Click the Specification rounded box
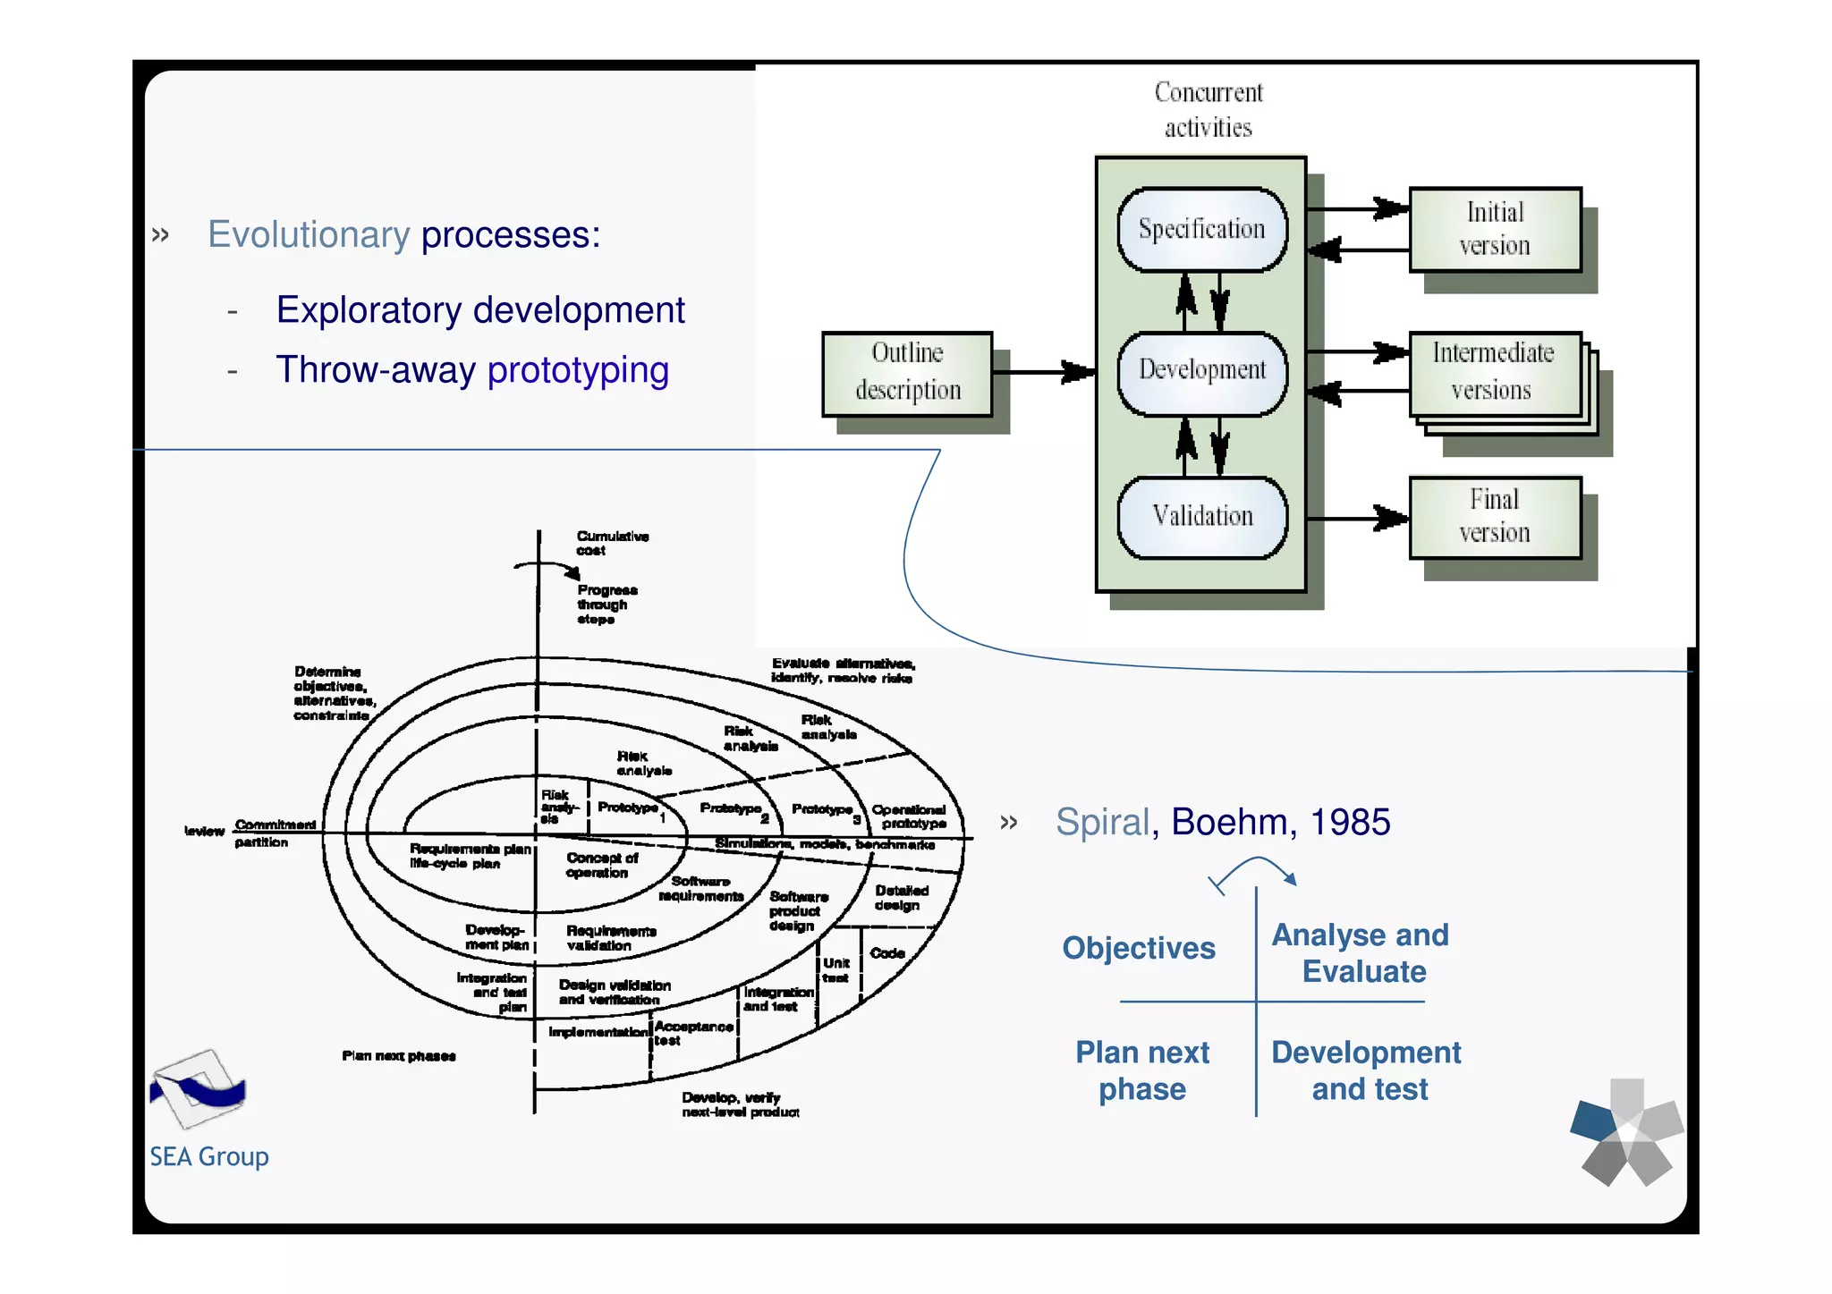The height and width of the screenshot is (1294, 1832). (x=1201, y=230)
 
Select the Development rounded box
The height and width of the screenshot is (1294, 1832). (x=1201, y=370)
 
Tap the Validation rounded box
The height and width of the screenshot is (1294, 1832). (x=1201, y=517)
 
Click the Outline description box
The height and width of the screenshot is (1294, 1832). (x=907, y=372)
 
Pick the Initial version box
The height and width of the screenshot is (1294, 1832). (x=1494, y=229)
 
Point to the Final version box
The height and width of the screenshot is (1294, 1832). (x=1494, y=516)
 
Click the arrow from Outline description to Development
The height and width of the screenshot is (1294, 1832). (x=1043, y=371)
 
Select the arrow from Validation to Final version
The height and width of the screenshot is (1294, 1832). (x=1356, y=518)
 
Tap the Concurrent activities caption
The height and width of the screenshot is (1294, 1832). (x=1208, y=110)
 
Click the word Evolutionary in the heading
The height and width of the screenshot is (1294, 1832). (x=309, y=235)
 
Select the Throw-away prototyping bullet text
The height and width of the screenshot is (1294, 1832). (x=471, y=370)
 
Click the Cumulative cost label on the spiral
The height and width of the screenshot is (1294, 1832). (x=612, y=543)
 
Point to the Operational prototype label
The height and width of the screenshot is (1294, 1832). (x=910, y=816)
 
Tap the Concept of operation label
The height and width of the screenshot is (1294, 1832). (x=601, y=865)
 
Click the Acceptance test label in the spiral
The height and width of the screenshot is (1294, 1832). (x=692, y=1033)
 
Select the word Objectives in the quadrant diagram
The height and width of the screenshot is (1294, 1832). (x=1138, y=948)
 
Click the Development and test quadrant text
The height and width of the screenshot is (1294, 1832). (x=1366, y=1070)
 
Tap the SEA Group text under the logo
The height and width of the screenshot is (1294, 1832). (x=208, y=1157)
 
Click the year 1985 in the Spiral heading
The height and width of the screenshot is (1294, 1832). (x=1350, y=822)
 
